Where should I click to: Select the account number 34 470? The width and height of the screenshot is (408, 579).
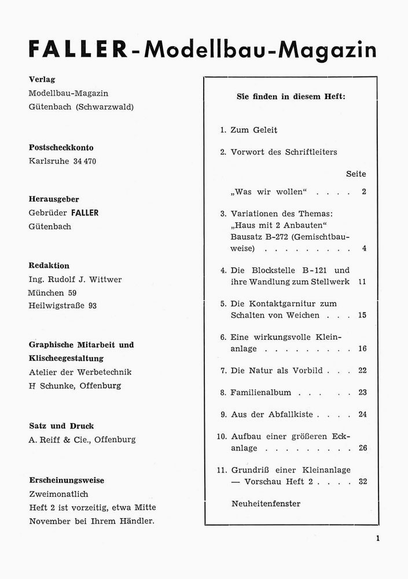click(84, 162)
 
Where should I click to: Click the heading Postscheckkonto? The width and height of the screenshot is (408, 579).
click(61, 148)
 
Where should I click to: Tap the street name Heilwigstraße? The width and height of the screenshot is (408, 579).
click(57, 306)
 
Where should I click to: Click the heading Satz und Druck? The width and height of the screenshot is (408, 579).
click(61, 426)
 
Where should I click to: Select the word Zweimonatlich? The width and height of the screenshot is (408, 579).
click(58, 494)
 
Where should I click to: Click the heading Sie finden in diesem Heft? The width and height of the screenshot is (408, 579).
click(291, 97)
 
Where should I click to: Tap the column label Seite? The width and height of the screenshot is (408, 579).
click(356, 174)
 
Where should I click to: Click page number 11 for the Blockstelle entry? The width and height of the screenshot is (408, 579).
click(362, 282)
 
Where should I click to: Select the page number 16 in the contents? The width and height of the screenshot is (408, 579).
click(362, 349)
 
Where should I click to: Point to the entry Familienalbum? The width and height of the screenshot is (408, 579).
click(260, 393)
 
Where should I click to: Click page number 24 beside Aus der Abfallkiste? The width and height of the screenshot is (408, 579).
click(362, 415)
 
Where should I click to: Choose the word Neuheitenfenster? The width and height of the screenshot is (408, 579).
click(266, 504)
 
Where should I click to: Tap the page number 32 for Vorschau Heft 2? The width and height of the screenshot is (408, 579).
click(362, 481)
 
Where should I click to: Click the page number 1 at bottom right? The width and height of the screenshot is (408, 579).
click(377, 540)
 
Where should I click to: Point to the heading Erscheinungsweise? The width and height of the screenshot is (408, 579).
click(67, 480)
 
